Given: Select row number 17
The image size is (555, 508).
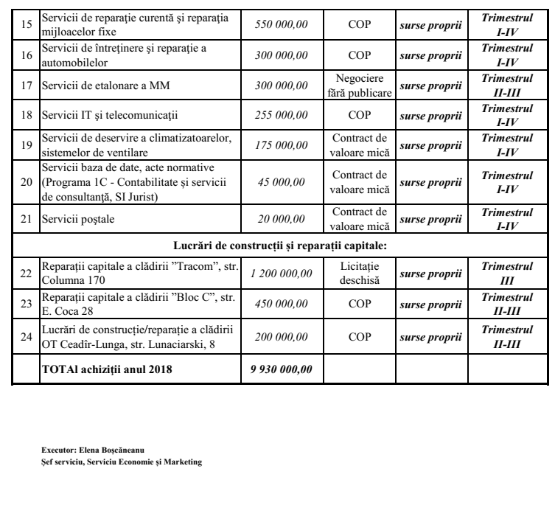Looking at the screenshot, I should pos(26,87).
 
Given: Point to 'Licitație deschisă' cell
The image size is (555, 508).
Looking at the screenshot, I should pos(359,274).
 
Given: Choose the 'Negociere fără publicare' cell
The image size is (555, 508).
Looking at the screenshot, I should pos(359,87).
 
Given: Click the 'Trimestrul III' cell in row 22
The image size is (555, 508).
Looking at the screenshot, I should pos(506,274).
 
